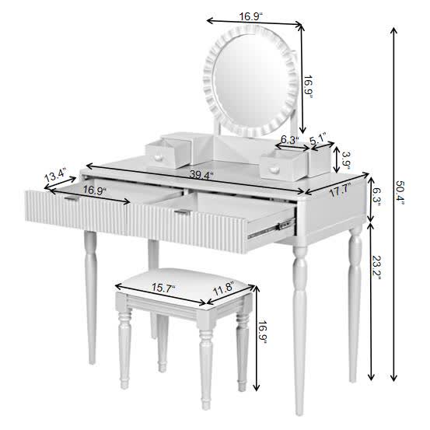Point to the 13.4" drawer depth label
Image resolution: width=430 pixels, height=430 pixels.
point(54,177)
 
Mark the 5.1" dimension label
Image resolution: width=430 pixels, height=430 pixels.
point(318,141)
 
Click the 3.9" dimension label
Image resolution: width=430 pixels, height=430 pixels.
point(346,160)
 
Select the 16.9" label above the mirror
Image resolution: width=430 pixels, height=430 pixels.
point(229,15)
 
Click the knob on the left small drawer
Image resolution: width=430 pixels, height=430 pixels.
point(159,158)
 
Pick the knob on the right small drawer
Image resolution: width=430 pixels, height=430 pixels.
point(274,168)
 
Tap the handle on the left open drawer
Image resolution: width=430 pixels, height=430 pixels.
point(72,199)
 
